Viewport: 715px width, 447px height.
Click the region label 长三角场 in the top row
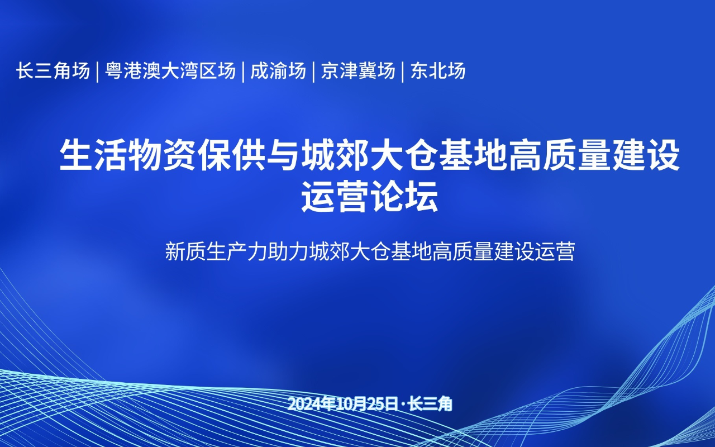[x=53, y=70]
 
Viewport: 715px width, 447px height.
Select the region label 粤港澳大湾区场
[x=170, y=70]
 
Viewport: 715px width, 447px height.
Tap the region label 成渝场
[x=278, y=70]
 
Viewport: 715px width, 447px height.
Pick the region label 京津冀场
[x=358, y=70]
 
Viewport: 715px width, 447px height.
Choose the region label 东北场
[x=437, y=70]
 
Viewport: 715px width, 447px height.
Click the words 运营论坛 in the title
[x=370, y=196]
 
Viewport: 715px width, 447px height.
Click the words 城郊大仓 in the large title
[x=370, y=155]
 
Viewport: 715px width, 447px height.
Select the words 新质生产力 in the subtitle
[x=216, y=252]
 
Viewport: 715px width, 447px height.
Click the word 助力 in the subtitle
[x=288, y=252]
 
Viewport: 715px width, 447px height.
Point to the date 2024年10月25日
[x=343, y=404]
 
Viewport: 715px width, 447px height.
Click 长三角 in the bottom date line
[x=431, y=404]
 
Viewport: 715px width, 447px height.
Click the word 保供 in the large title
[x=232, y=155]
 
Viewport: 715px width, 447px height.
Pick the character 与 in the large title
[x=283, y=155]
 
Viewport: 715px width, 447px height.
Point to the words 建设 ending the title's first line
[x=646, y=155]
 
